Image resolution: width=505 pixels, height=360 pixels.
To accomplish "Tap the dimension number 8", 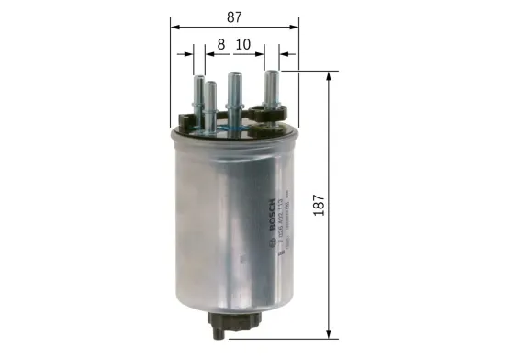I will (x=221, y=42).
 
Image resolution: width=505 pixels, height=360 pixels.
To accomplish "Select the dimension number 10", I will (x=243, y=42).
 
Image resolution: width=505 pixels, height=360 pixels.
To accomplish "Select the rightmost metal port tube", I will (x=273, y=93).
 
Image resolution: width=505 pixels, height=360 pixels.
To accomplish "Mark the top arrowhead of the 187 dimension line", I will (x=329, y=73).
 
